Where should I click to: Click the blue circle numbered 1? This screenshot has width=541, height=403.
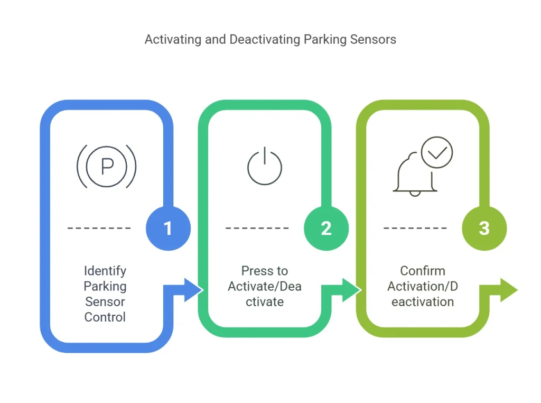click(x=168, y=228)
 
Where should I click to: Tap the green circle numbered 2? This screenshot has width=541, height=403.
click(x=326, y=228)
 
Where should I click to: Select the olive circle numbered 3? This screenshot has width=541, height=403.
click(x=484, y=228)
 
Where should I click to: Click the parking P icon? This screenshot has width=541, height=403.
click(x=107, y=166)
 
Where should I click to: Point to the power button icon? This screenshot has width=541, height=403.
click(x=265, y=166)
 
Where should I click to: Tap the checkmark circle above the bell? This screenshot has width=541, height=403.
click(x=437, y=152)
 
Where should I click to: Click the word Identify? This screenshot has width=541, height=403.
click(x=105, y=271)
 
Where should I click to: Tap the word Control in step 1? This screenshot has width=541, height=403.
click(x=105, y=317)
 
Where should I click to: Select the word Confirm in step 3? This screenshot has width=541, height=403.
click(x=423, y=271)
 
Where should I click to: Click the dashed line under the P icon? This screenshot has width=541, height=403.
click(x=99, y=228)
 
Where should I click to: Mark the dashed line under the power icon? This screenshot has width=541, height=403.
click(x=257, y=228)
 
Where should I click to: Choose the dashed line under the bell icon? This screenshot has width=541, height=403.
click(x=415, y=228)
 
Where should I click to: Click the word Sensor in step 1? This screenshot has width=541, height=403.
click(x=105, y=302)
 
